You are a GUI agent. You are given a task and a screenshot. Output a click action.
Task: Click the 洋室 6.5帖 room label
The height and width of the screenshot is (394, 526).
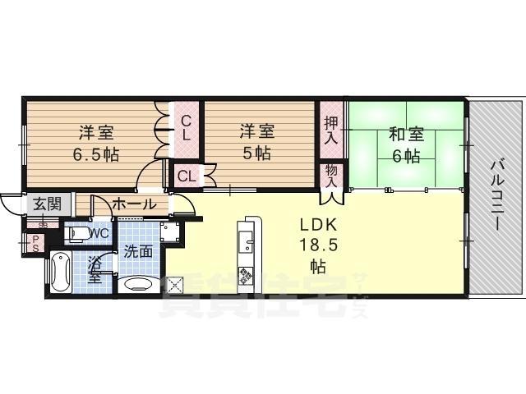[96, 141]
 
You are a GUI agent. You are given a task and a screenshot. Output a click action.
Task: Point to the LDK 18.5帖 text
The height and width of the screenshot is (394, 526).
[317, 244]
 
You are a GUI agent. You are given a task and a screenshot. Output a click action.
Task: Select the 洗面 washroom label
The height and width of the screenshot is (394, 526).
[138, 252]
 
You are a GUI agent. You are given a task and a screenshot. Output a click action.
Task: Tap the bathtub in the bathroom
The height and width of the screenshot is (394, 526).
[61, 274]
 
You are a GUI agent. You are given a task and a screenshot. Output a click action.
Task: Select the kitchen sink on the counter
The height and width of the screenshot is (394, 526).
[247, 241]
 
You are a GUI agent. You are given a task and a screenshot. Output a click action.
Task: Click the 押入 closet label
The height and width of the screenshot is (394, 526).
[331, 130]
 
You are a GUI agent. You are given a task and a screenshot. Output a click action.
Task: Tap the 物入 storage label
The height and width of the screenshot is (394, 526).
[331, 176]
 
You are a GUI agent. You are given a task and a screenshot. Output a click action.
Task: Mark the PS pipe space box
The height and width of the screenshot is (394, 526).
[36, 243]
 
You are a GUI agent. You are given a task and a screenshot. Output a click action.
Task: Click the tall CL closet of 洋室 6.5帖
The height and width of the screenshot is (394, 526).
[187, 128]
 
